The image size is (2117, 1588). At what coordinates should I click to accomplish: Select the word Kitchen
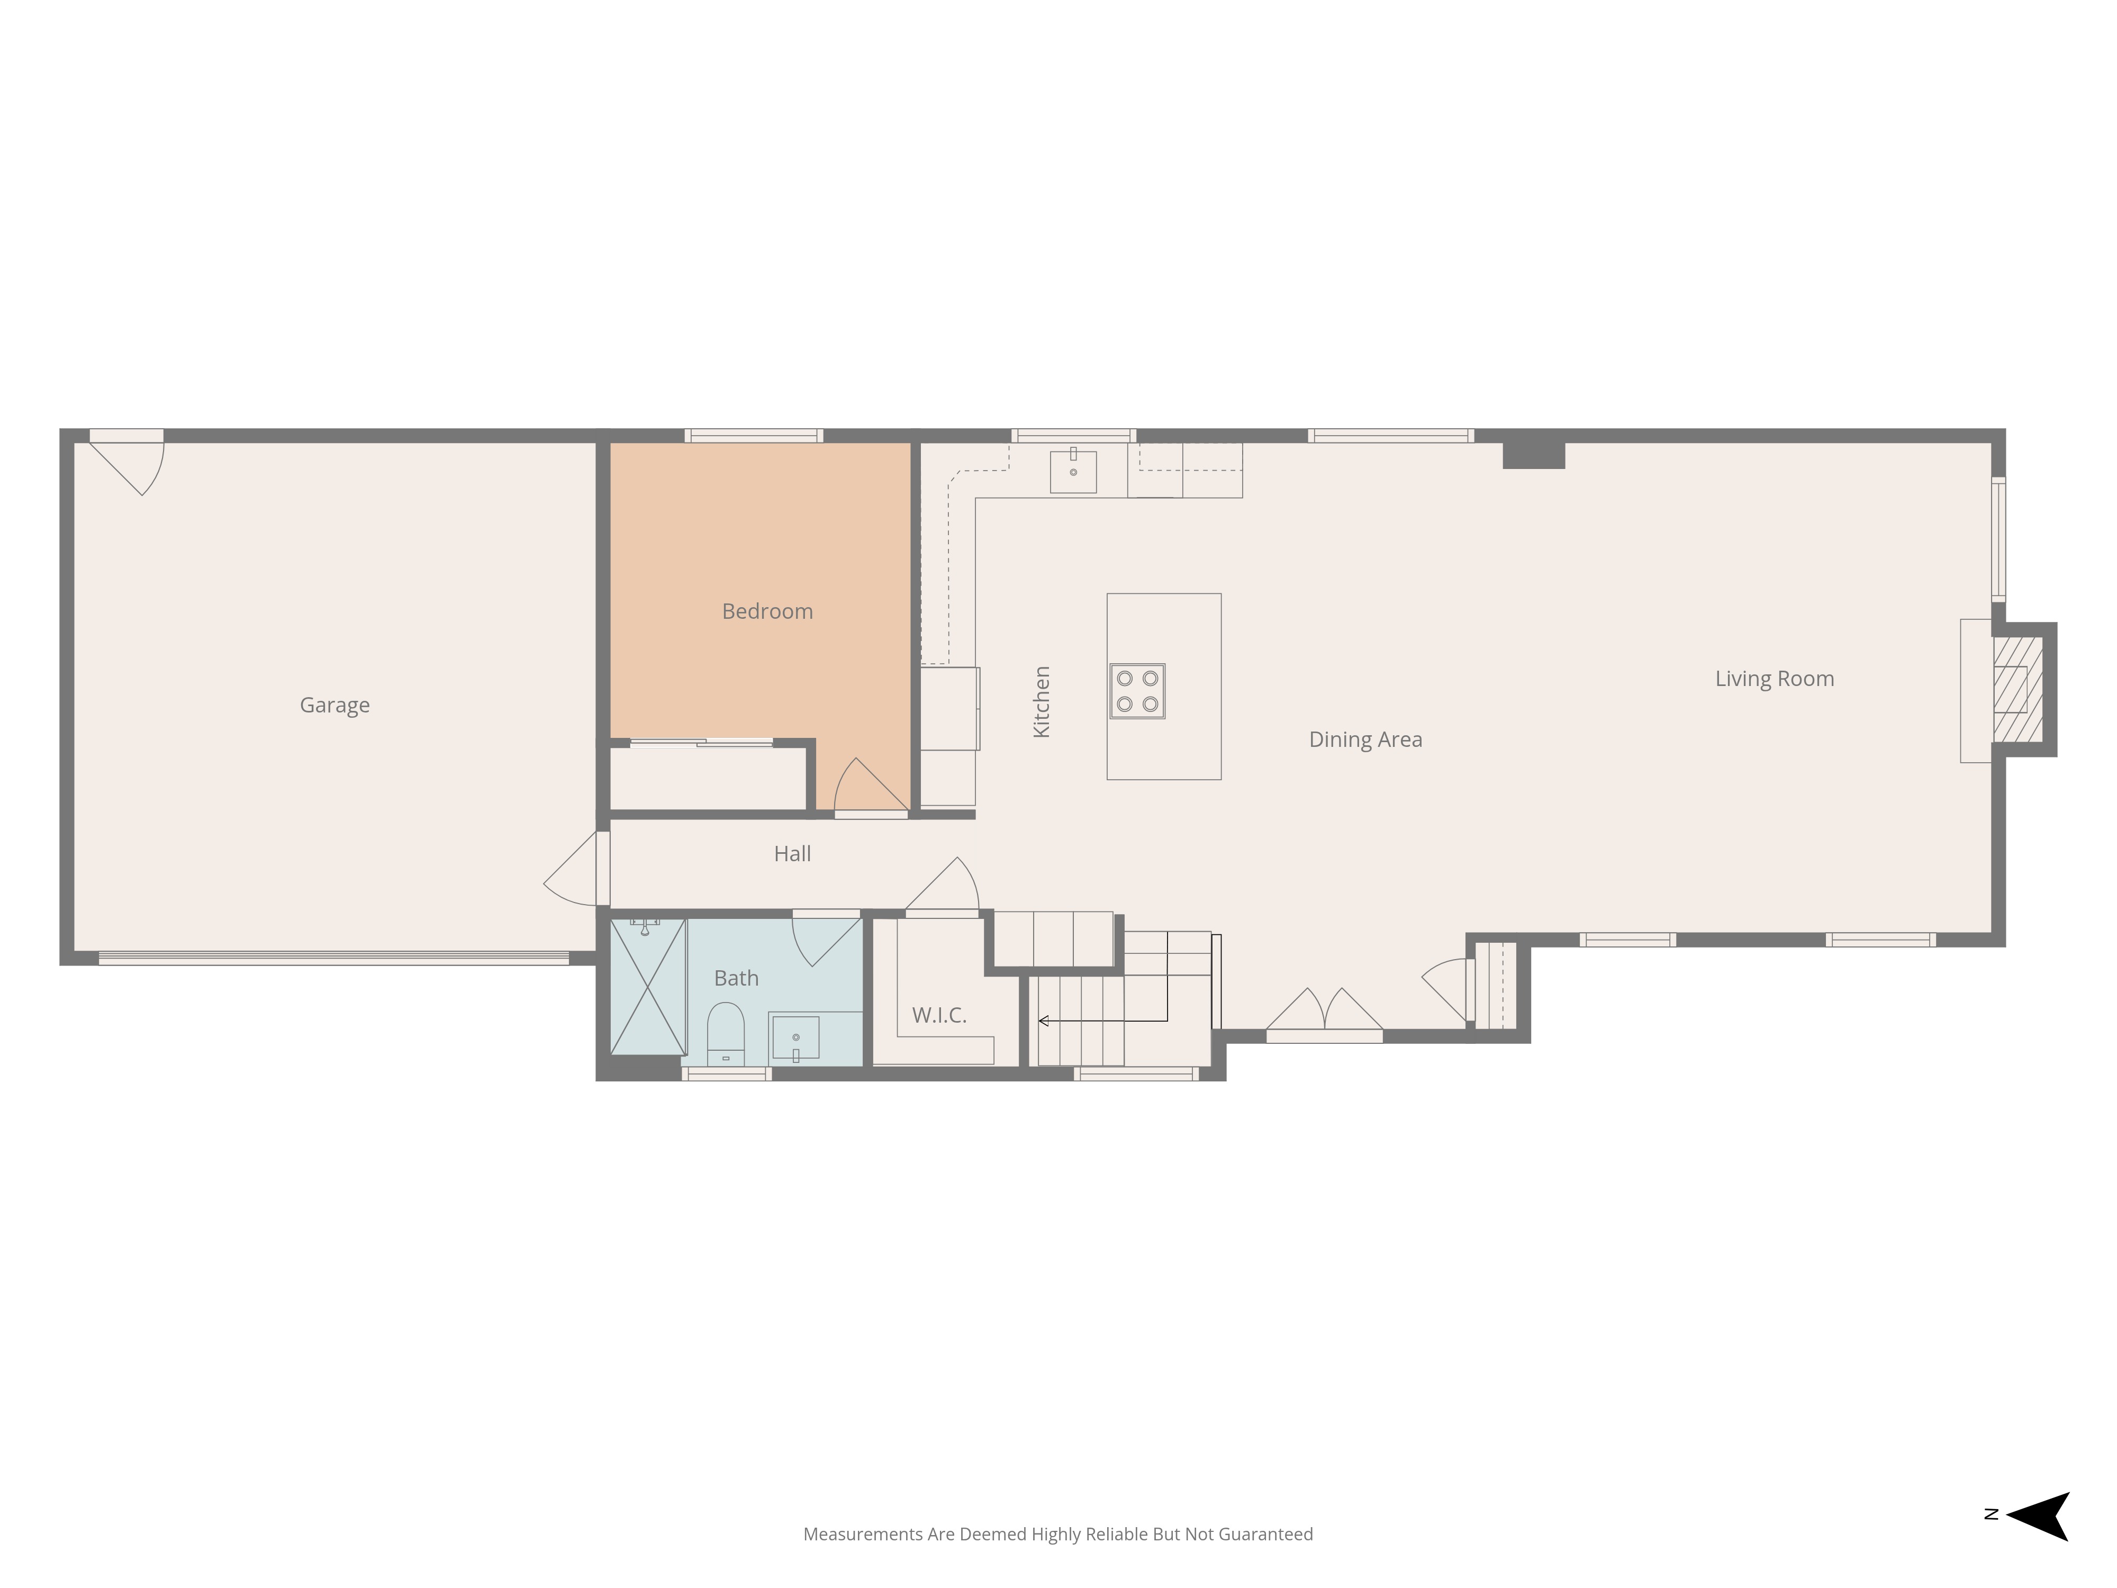tap(1042, 701)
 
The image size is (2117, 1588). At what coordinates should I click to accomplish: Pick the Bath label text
tap(736, 978)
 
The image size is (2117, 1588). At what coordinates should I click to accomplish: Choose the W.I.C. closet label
tap(939, 1016)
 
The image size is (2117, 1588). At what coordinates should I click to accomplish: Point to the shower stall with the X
tap(648, 987)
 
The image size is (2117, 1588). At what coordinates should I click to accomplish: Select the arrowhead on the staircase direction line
tap(1043, 1021)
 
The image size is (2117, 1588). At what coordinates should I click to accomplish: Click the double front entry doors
tap(1325, 1015)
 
